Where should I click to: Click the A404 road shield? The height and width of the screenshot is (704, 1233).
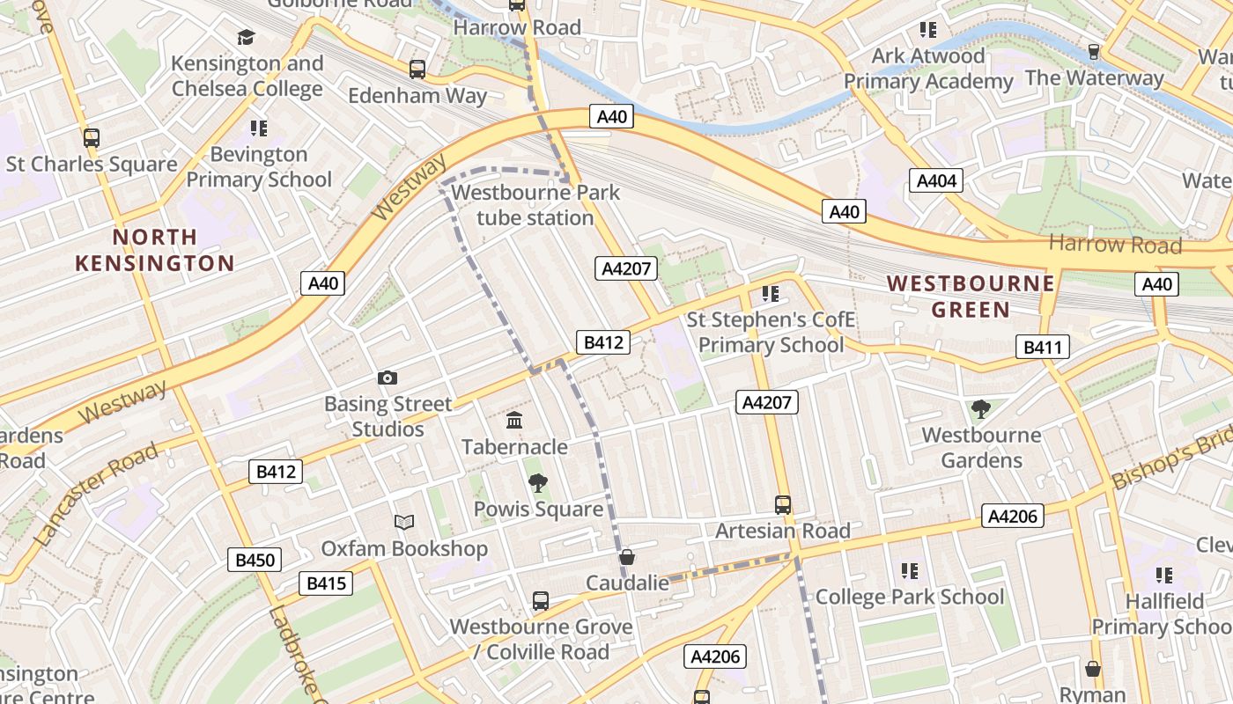pyautogui.click(x=936, y=181)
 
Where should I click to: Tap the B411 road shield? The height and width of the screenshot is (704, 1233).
pyautogui.click(x=1043, y=348)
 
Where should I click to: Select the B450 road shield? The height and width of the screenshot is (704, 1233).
pyautogui.click(x=255, y=560)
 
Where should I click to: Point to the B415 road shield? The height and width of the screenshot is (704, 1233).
pyautogui.click(x=326, y=583)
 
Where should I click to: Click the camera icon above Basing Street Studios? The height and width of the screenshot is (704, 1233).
pyautogui.click(x=388, y=378)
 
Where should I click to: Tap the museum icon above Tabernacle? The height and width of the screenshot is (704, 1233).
pyautogui.click(x=515, y=422)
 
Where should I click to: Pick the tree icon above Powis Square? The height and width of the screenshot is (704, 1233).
pyautogui.click(x=537, y=483)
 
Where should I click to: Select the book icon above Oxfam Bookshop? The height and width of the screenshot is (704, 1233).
pyautogui.click(x=404, y=523)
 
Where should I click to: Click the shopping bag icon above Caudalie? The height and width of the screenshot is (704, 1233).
pyautogui.click(x=627, y=557)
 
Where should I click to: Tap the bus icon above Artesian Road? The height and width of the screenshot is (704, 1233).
pyautogui.click(x=783, y=505)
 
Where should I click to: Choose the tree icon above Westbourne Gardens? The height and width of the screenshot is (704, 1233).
pyautogui.click(x=980, y=408)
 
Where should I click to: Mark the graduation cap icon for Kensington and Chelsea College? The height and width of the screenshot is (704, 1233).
pyautogui.click(x=246, y=38)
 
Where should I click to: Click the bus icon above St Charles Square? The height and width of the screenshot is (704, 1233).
pyautogui.click(x=92, y=138)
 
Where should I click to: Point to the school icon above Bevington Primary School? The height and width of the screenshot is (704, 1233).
pyautogui.click(x=258, y=128)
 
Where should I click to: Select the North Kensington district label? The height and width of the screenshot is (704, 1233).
pyautogui.click(x=155, y=250)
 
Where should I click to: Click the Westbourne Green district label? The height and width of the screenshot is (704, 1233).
pyautogui.click(x=971, y=296)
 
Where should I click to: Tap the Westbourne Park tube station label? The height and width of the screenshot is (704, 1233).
pyautogui.click(x=535, y=205)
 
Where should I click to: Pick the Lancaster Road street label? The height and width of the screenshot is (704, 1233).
pyautogui.click(x=98, y=494)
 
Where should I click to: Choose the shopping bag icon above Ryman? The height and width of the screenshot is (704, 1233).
pyautogui.click(x=1093, y=669)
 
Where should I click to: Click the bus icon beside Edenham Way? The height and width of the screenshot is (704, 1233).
pyautogui.click(x=417, y=69)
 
